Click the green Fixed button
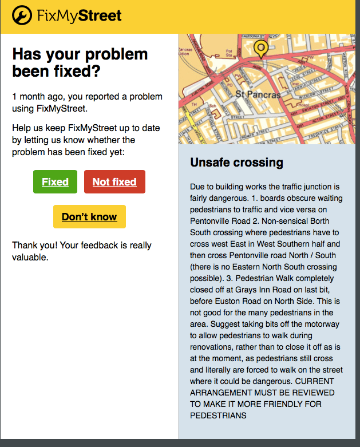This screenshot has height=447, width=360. click(x=55, y=182)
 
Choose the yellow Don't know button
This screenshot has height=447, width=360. click(x=89, y=217)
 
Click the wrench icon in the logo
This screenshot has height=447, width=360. click(x=22, y=15)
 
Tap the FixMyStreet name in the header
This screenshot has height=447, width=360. click(x=79, y=15)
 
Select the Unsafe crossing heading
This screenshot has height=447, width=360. click(x=236, y=163)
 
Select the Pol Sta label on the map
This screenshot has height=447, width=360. click(x=229, y=53)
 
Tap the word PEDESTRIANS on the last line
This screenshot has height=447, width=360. click(x=218, y=416)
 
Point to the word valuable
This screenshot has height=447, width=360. click(x=30, y=258)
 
